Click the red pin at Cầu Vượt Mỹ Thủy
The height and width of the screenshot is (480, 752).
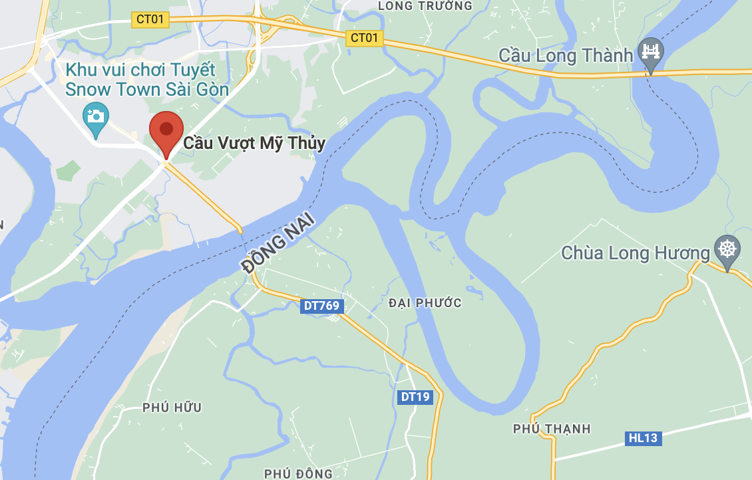tap(166, 130)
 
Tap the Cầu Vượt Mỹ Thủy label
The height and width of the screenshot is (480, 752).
tap(254, 143)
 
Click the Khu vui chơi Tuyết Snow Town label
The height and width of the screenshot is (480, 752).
tap(147, 80)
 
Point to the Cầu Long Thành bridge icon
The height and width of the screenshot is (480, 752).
tap(651, 51)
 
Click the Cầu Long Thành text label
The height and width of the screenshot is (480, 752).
tap(565, 55)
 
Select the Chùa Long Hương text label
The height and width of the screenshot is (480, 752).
tap(636, 253)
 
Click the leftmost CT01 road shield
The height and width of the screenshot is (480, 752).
tap(150, 19)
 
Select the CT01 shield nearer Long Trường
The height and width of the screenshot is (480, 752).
tap(364, 38)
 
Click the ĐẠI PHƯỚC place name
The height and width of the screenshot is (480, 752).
tap(425, 303)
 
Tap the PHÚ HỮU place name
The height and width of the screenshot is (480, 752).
tap(172, 408)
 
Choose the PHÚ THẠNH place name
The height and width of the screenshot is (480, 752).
tap(552, 429)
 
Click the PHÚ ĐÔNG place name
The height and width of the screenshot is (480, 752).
tap(298, 473)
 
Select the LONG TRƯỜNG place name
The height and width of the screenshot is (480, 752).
tap(425, 6)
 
